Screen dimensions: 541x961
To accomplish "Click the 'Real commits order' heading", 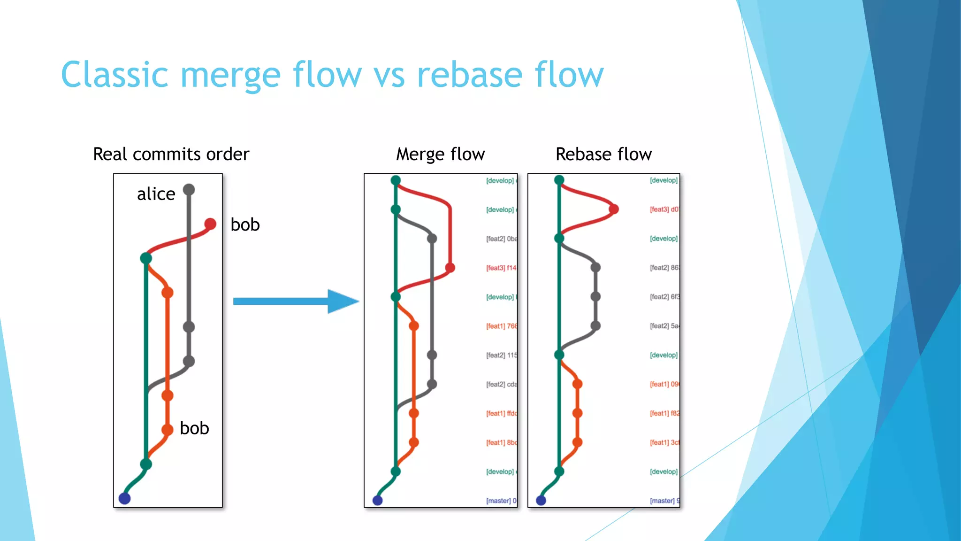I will point(171,154).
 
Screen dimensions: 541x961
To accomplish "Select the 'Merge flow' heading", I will point(440,154).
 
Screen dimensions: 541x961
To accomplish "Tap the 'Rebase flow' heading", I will point(603,154).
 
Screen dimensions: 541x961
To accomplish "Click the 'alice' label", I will point(156,194).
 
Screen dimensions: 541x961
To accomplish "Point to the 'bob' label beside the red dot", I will point(245,225).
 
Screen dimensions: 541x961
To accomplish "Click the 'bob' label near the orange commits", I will point(194,428).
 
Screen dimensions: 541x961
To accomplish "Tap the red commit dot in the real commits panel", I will point(210,224).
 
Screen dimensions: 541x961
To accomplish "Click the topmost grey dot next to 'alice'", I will point(189,190).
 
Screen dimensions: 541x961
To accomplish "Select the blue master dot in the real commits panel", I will point(124,498).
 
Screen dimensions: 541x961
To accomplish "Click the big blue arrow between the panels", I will point(296,301).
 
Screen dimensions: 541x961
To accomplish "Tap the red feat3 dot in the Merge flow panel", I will point(450,268).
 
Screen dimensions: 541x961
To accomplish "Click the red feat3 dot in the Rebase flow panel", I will point(613,209).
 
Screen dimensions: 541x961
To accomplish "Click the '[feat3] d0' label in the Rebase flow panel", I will point(664,209).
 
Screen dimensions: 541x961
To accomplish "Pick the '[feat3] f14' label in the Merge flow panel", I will point(501,268).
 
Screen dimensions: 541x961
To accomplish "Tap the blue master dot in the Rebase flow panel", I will point(541,500).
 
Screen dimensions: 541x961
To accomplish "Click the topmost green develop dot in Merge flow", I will point(396,180).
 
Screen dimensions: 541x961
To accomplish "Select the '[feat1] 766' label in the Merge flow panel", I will point(501,326).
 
